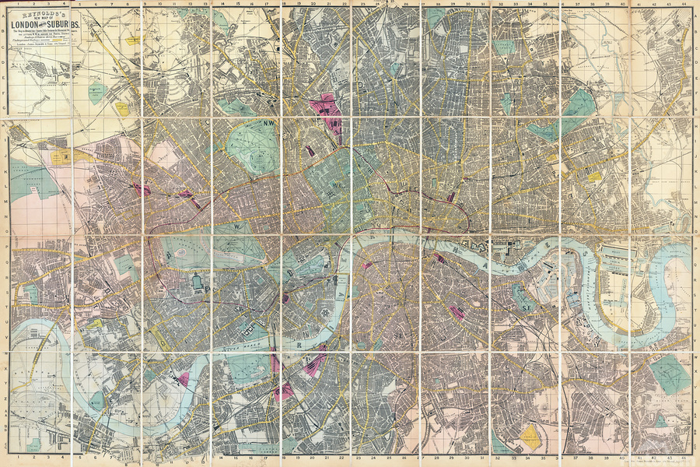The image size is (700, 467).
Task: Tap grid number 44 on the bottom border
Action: [x=682, y=458]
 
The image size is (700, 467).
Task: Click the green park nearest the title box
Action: [x=97, y=91]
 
